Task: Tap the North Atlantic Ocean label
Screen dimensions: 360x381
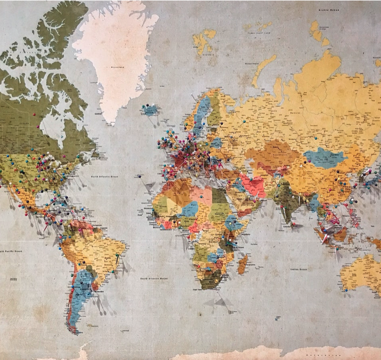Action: click(x=105, y=176)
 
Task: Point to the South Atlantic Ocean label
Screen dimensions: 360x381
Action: click(x=154, y=278)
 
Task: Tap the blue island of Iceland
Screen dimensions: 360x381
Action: click(x=150, y=110)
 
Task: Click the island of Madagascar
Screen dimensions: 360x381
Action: click(x=243, y=264)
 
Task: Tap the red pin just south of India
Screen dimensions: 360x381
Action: click(x=294, y=225)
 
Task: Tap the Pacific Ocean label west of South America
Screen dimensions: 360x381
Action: click(x=11, y=251)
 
